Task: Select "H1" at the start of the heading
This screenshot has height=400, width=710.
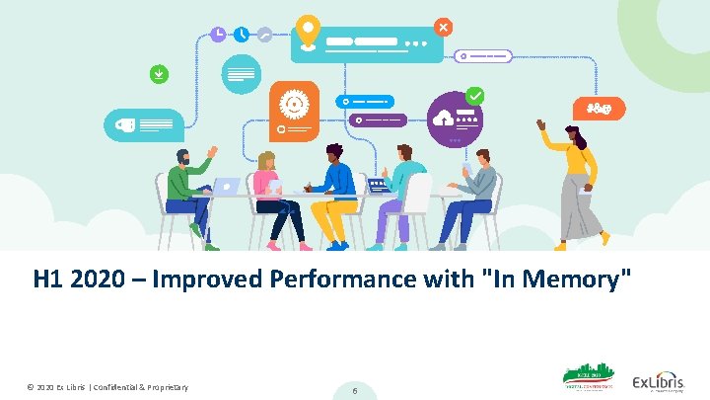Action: pyautogui.click(x=50, y=280)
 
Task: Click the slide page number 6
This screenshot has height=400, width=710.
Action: pyautogui.click(x=355, y=391)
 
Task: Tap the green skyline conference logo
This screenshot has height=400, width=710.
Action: pyautogui.click(x=588, y=379)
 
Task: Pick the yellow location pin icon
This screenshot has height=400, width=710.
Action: pyautogui.click(x=309, y=31)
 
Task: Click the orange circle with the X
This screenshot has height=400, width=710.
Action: pyautogui.click(x=444, y=27)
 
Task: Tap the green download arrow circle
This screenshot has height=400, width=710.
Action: pyautogui.click(x=158, y=73)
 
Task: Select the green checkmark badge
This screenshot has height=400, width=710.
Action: pyautogui.click(x=475, y=96)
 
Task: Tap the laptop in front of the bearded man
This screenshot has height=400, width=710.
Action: pyautogui.click(x=228, y=187)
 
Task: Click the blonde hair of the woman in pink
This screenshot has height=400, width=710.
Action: pyautogui.click(x=266, y=161)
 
